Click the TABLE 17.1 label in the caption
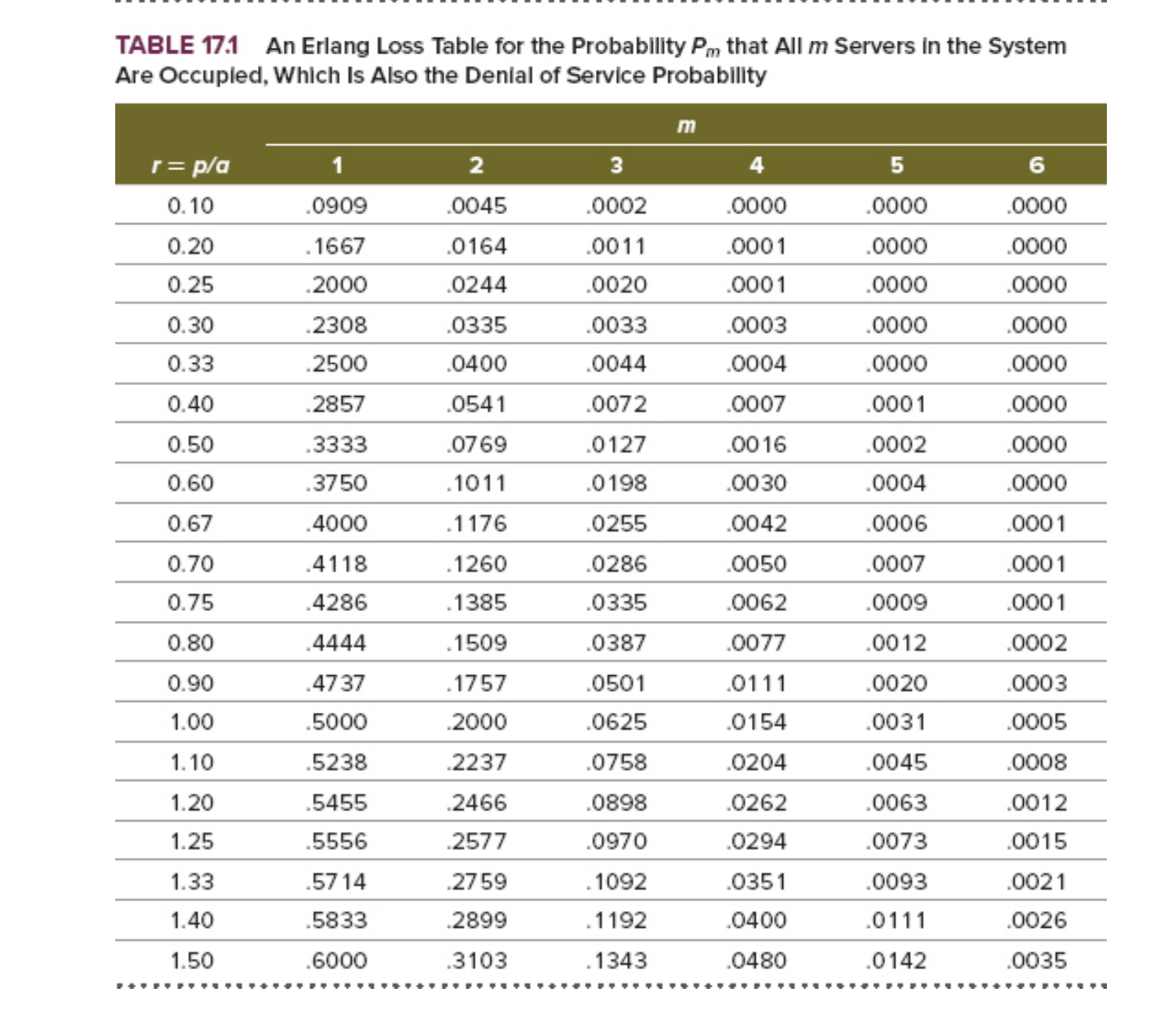pos(177,45)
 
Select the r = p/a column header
pos(190,165)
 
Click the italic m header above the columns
pos(686,125)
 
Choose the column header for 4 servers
pos(756,165)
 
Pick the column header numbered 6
pos(1037,165)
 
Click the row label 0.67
pos(190,524)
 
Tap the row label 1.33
pos(192,882)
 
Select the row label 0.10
pos(190,206)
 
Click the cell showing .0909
pos(336,206)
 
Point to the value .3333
pos(336,445)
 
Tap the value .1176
pos(477,524)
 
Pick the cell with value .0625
pos(617,722)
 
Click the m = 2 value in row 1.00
pos(477,722)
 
